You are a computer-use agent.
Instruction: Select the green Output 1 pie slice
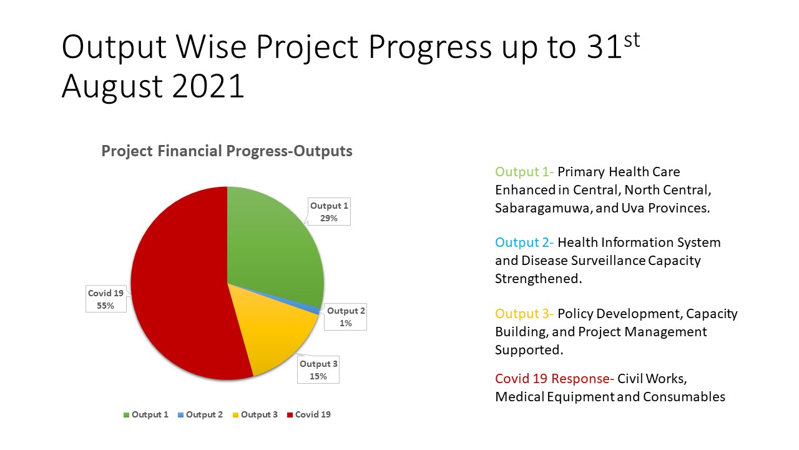point(275,244)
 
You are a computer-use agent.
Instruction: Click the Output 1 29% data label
point(329,212)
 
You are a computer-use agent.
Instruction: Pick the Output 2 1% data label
point(346,317)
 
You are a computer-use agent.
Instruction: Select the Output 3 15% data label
point(318,370)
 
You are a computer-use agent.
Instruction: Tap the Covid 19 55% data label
point(106,299)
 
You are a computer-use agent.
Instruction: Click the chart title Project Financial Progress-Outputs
point(227,151)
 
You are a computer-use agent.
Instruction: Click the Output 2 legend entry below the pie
point(200,414)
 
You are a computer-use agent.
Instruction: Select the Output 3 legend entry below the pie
point(255,414)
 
